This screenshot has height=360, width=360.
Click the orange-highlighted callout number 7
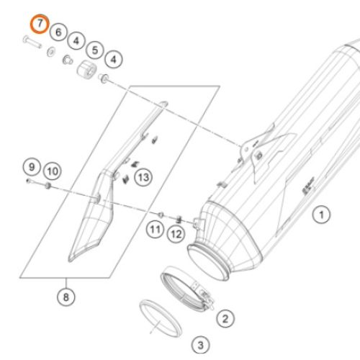point(39,24)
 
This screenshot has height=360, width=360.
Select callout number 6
point(59,32)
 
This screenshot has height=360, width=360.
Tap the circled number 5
point(95,50)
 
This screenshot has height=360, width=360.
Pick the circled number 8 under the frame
point(66,295)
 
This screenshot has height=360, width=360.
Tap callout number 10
point(50,171)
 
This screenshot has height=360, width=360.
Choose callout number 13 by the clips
point(143,176)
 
